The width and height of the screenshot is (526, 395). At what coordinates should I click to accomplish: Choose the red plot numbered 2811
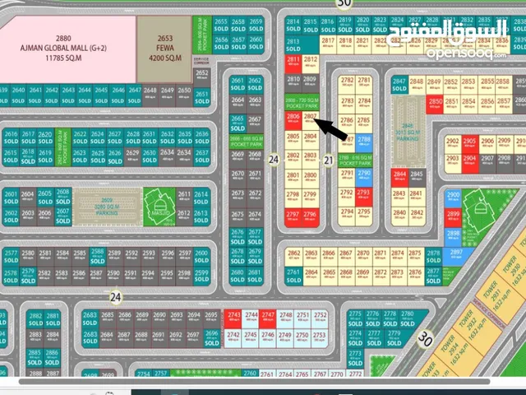click(293, 63)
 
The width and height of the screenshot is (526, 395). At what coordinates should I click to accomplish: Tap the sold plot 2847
click(399, 84)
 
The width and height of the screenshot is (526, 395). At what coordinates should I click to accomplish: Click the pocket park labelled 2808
click(301, 101)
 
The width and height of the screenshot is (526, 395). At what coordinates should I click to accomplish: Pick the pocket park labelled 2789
click(347, 159)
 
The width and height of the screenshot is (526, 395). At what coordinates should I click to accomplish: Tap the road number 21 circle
click(329, 160)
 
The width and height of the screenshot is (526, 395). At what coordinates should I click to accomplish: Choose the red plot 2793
click(364, 197)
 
